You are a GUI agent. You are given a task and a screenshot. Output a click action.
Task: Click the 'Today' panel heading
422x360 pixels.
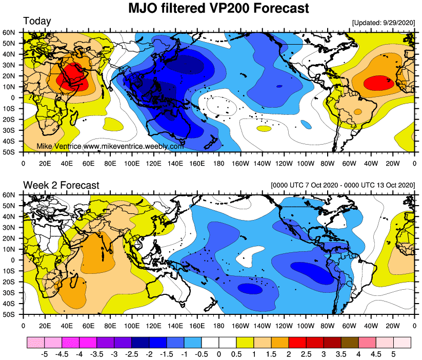pyautogui.click(x=37, y=22)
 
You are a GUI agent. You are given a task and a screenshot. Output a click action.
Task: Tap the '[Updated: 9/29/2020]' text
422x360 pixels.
pyautogui.click(x=384, y=23)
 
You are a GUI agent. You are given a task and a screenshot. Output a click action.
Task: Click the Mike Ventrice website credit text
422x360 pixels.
pyautogui.click(x=110, y=147)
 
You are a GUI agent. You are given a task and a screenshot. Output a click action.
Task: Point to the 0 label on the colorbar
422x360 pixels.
pyautogui.click(x=219, y=354)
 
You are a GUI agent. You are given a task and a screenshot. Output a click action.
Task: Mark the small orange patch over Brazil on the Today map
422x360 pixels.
pyautogui.click(x=357, y=111)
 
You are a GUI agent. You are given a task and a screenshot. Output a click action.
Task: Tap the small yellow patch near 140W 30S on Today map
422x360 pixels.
pyautogui.click(x=263, y=128)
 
